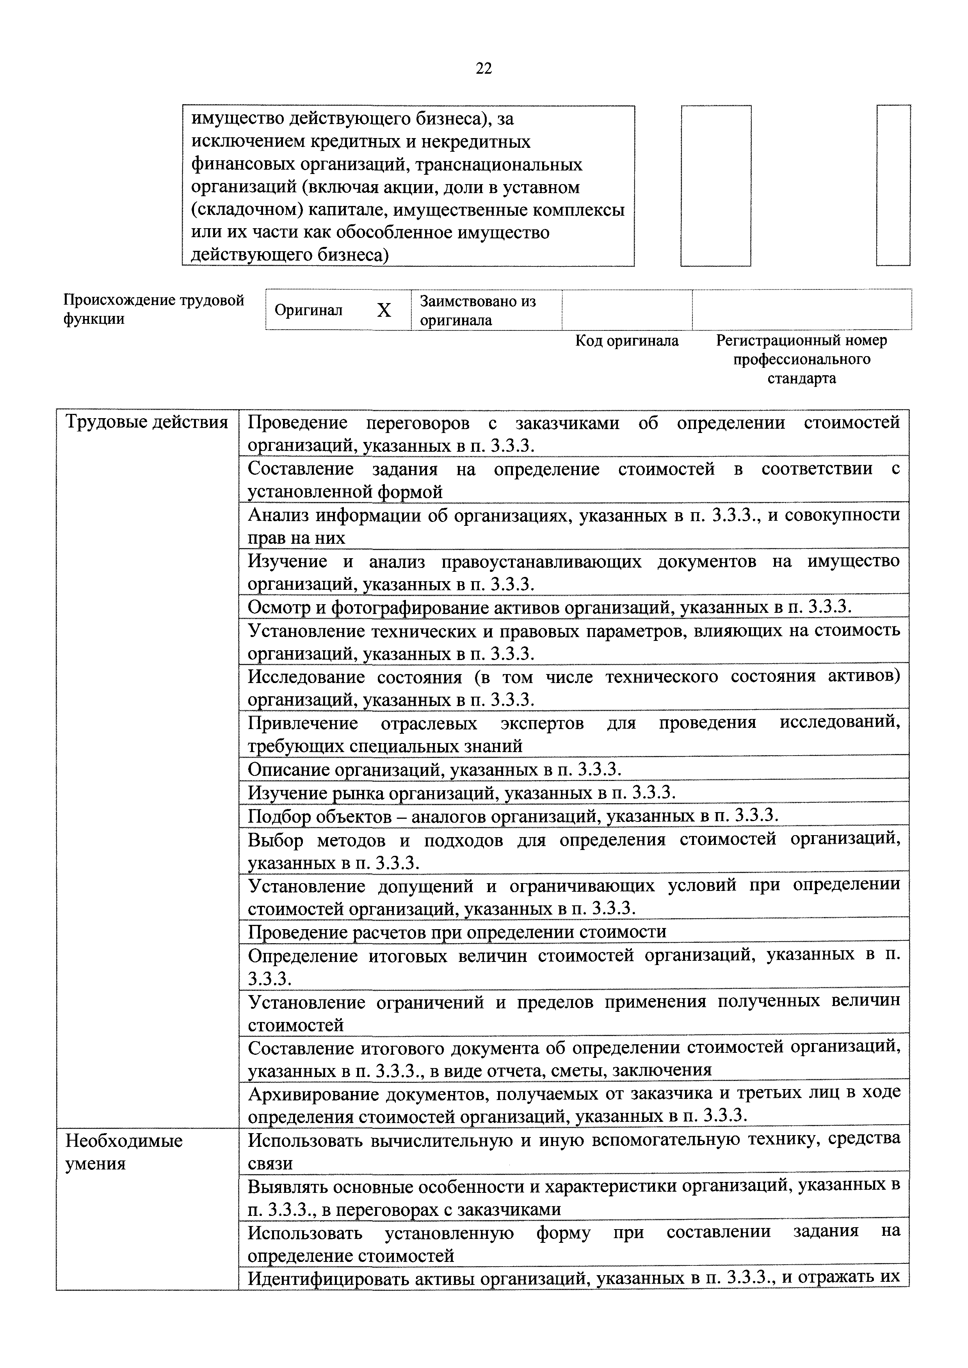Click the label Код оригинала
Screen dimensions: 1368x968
[x=626, y=341]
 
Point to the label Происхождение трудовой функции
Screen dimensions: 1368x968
[x=154, y=309]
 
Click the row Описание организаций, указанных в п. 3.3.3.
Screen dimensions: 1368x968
[x=434, y=769]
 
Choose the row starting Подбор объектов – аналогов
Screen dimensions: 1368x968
[x=513, y=816]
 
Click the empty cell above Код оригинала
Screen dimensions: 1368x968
[x=626, y=310]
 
